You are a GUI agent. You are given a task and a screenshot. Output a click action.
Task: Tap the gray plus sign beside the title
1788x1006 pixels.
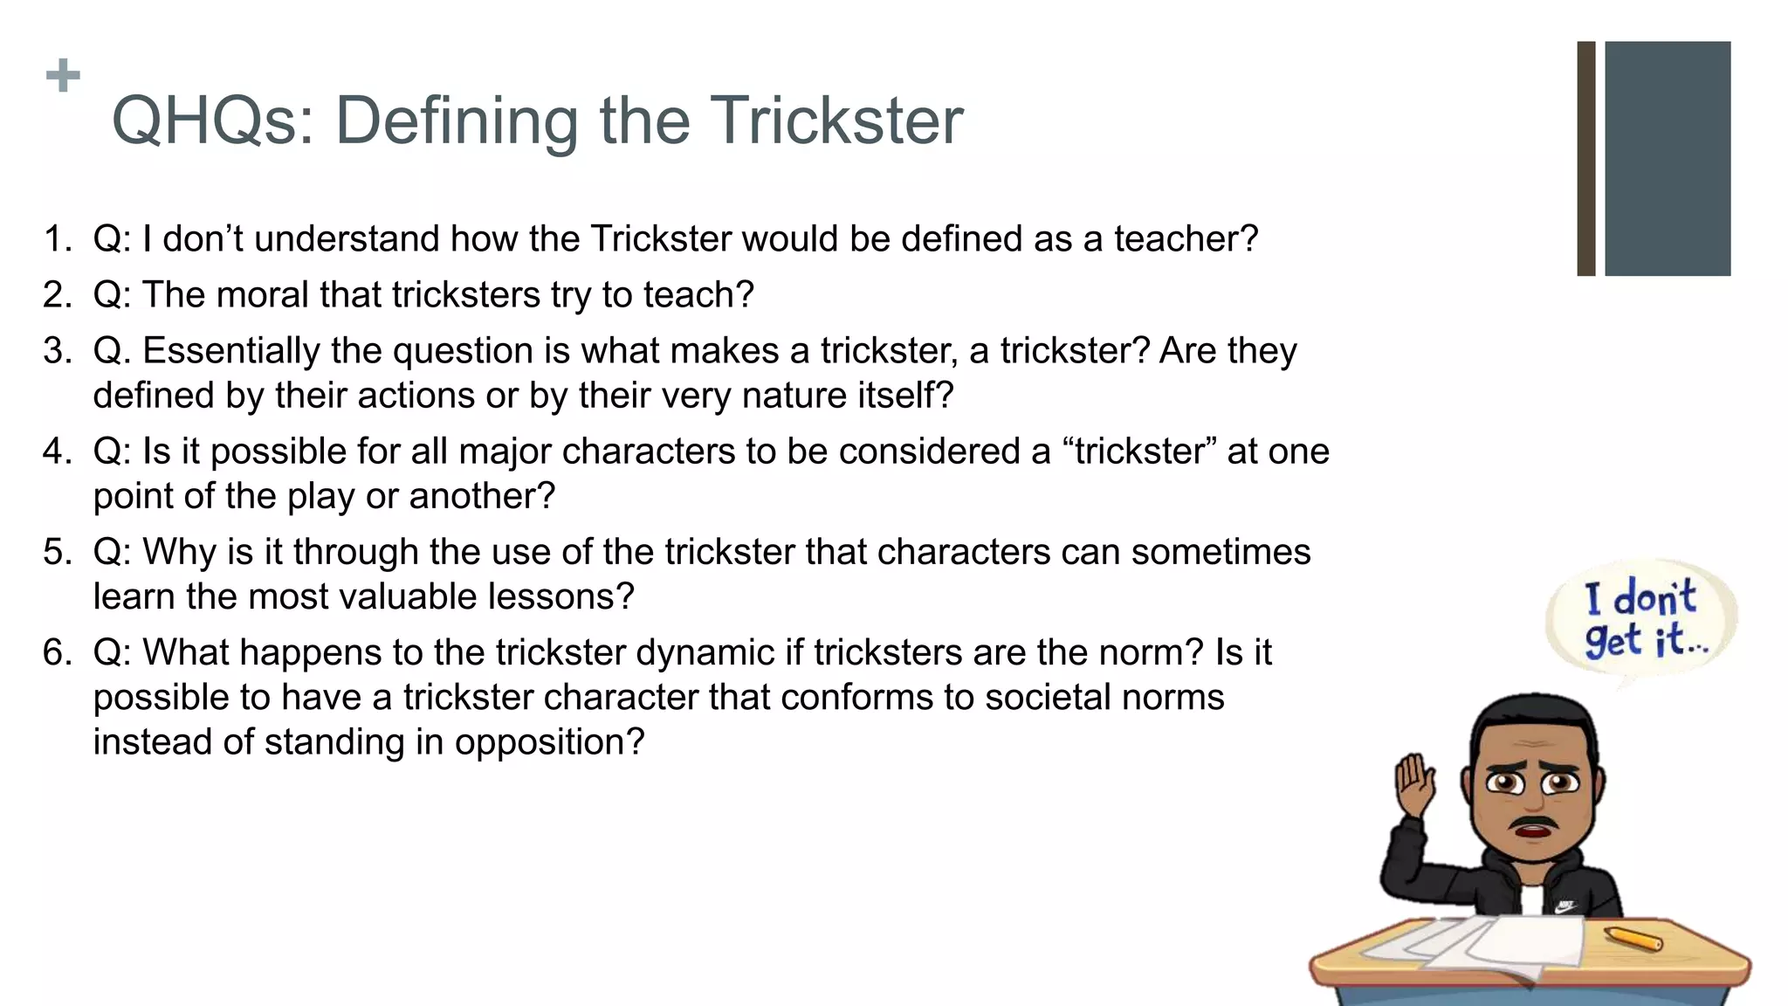click(x=63, y=76)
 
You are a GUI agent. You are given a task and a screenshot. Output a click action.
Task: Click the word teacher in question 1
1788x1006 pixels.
click(x=1186, y=238)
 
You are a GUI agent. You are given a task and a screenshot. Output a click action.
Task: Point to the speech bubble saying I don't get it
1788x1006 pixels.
click(x=1640, y=619)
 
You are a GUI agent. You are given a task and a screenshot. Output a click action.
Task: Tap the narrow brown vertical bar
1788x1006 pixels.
click(x=1585, y=158)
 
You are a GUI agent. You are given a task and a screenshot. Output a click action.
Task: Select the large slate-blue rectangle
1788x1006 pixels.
click(x=1667, y=158)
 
